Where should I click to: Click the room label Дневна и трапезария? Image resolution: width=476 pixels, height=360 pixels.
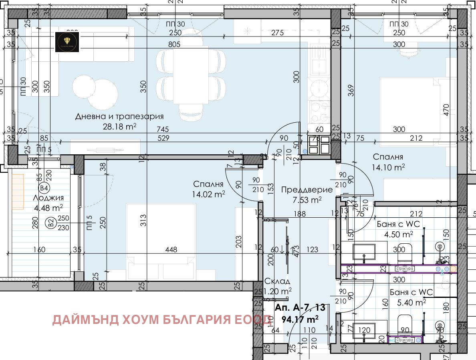click(x=119, y=117)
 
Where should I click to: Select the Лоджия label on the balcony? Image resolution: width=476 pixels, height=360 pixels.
click(x=49, y=198)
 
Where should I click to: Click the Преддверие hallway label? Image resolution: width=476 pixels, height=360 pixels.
click(x=307, y=190)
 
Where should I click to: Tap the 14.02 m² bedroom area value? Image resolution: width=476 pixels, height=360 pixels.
click(x=209, y=194)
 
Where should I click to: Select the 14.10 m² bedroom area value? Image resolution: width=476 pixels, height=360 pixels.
click(x=388, y=167)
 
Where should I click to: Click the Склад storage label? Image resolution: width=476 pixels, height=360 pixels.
click(x=277, y=281)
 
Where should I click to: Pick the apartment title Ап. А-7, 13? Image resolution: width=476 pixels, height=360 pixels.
click(x=300, y=308)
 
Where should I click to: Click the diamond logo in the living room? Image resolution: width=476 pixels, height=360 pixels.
click(x=67, y=41)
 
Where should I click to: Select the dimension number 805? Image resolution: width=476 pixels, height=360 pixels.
click(x=174, y=45)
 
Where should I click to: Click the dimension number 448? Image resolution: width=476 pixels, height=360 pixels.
click(x=171, y=250)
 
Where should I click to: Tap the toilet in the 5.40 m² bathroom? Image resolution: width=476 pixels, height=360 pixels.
click(x=405, y=323)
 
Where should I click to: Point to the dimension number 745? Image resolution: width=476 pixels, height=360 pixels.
click(x=163, y=129)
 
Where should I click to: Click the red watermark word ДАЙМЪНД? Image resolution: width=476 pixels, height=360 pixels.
click(x=85, y=320)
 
